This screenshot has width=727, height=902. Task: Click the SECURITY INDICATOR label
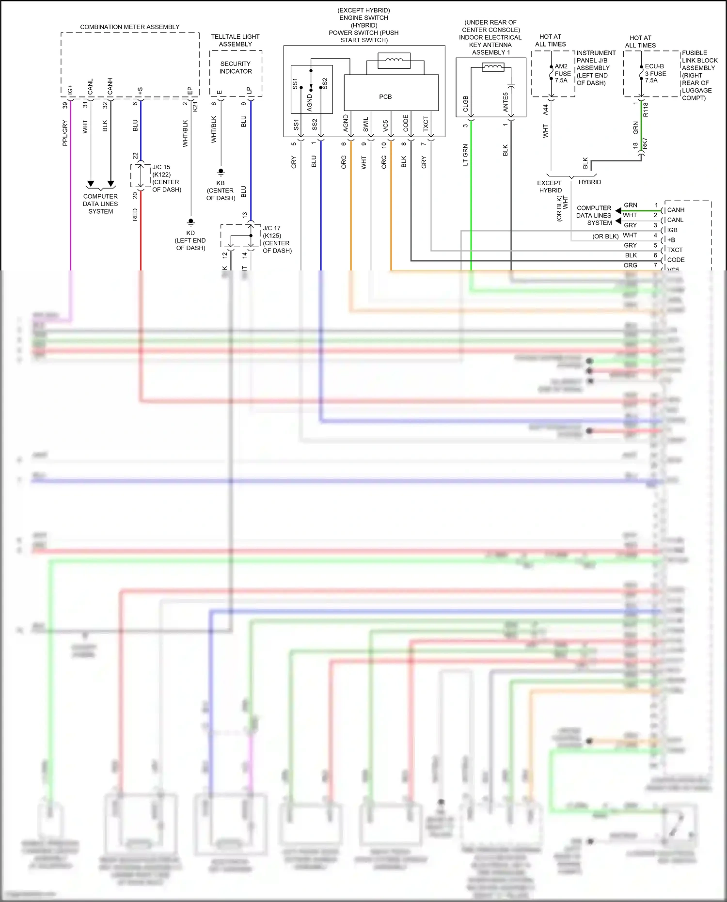[x=236, y=67]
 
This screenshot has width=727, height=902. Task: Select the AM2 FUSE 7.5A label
[x=562, y=74]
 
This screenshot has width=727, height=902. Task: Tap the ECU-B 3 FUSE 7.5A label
[x=655, y=74]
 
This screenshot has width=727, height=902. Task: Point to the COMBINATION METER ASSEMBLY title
[x=129, y=27]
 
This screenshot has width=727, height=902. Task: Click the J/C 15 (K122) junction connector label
[x=161, y=171]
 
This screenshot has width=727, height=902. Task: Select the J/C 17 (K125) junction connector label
[x=272, y=232]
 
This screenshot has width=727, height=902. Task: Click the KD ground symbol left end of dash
[x=190, y=222]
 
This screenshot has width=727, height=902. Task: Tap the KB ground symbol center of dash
[x=221, y=172]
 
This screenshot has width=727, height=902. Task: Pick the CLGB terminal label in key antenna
[x=466, y=103]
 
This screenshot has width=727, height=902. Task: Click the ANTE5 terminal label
[x=506, y=102]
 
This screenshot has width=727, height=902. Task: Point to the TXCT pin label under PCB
[x=426, y=124]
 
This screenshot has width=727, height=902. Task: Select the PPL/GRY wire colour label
[x=65, y=133]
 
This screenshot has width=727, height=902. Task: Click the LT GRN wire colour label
[x=465, y=155]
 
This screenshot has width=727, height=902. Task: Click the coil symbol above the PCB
[x=394, y=60]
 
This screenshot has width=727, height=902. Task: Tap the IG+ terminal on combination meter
[x=70, y=90]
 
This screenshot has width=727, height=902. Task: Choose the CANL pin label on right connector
[x=675, y=220]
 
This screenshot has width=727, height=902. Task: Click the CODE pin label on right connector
[x=676, y=260]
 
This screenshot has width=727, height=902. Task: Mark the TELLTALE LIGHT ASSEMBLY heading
[x=235, y=40]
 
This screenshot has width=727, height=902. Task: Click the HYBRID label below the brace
[x=589, y=182]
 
